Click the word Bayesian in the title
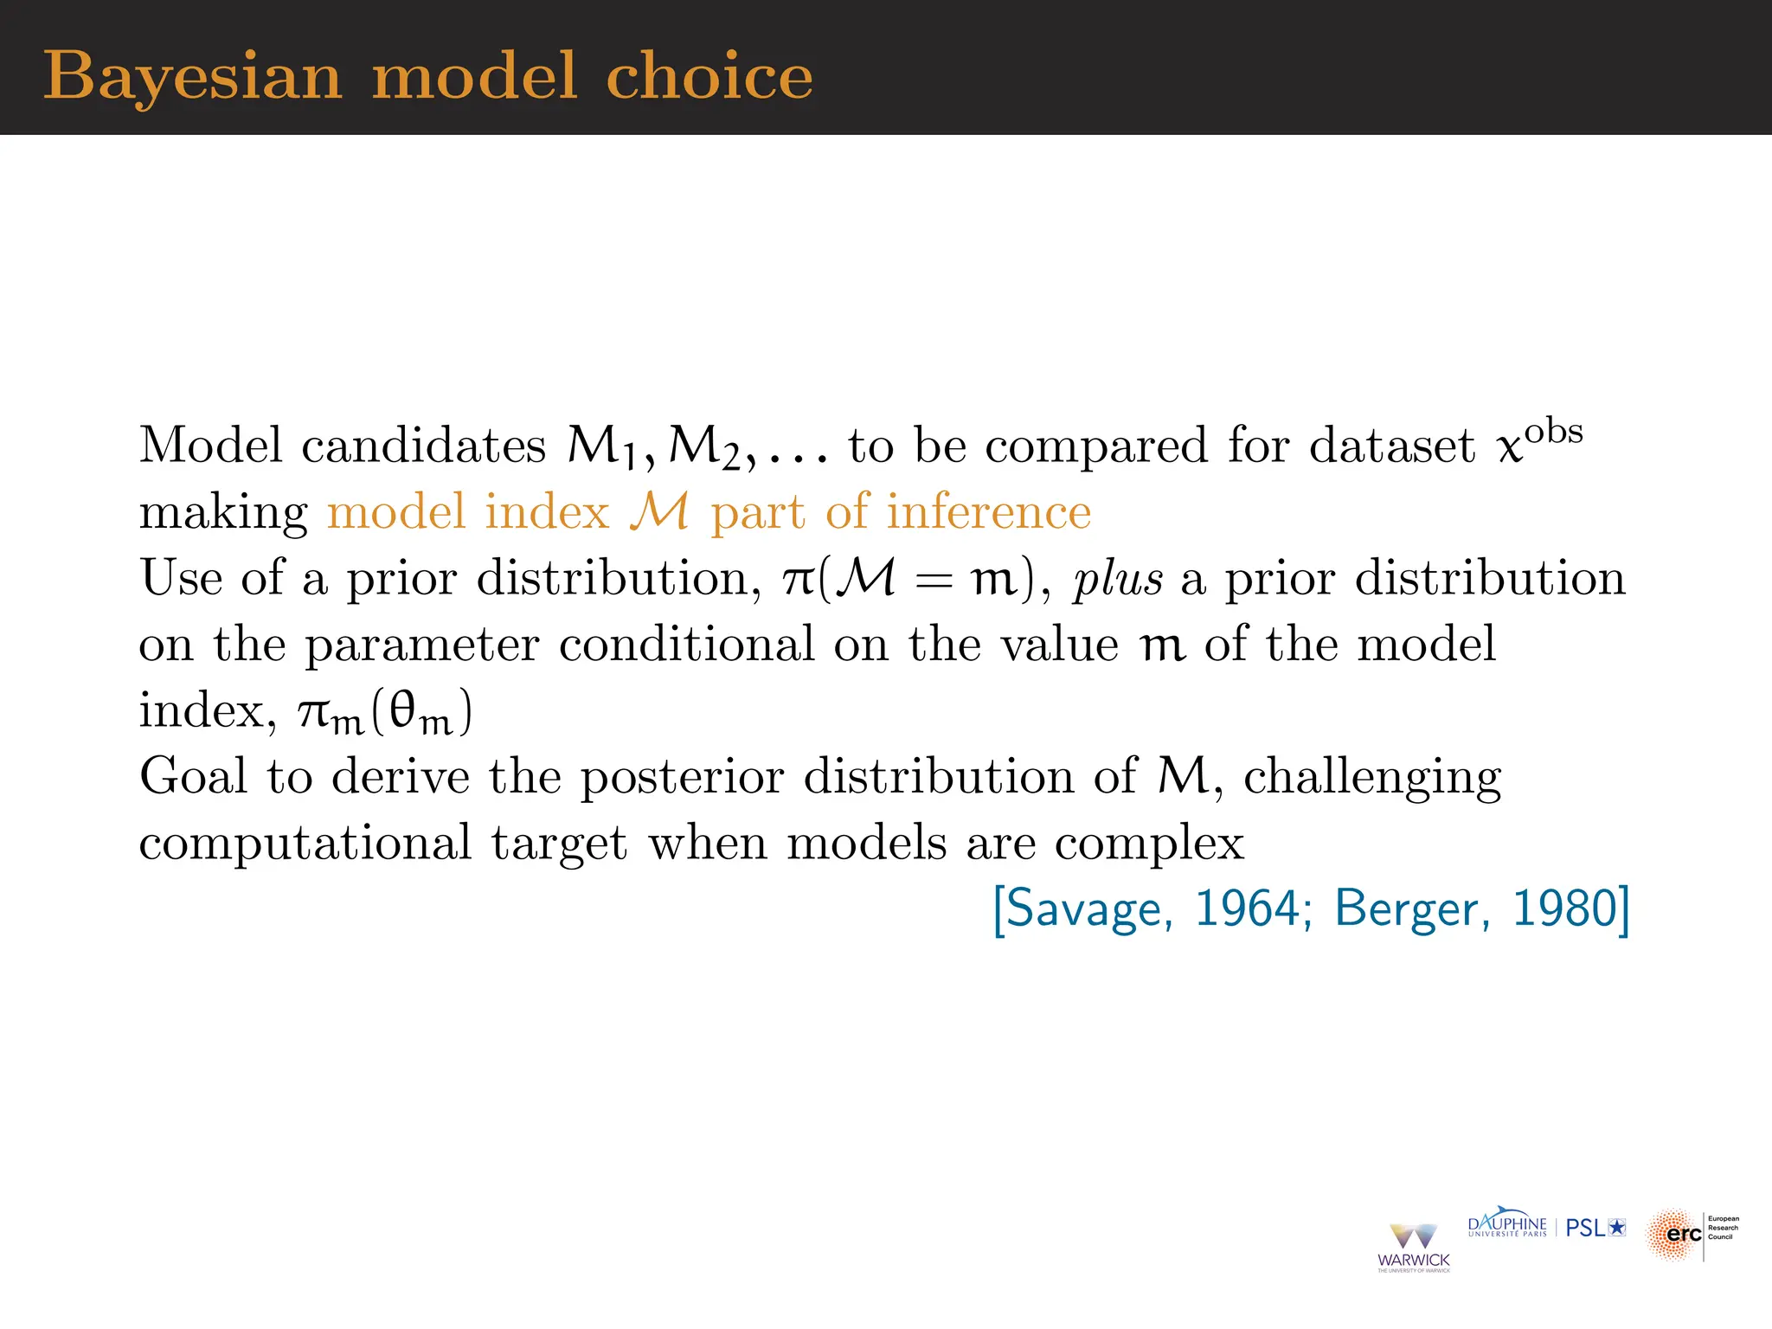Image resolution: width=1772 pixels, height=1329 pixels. coord(192,76)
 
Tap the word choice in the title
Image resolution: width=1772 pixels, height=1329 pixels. coord(709,76)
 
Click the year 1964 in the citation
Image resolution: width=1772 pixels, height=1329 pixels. coord(1247,908)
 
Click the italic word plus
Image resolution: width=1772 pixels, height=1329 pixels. coord(1117,579)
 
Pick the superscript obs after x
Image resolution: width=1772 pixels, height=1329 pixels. coord(1554,431)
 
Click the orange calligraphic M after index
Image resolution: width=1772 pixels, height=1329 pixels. coord(659,511)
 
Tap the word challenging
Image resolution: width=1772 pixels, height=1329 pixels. coord(1371,777)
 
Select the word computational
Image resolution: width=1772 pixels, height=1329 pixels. coord(305,844)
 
